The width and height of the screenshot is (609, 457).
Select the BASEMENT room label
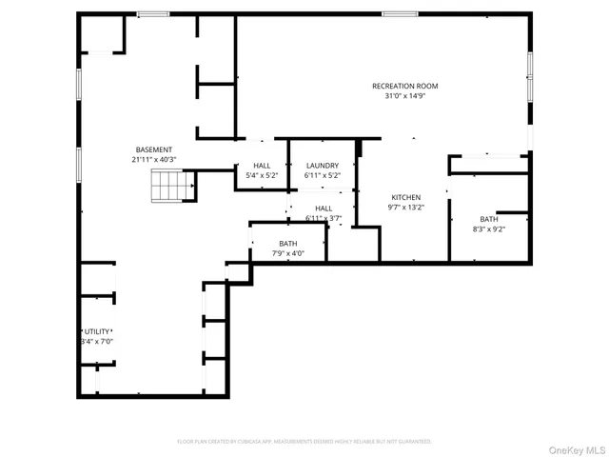(x=154, y=149)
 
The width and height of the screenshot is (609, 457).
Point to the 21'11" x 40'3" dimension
(x=154, y=159)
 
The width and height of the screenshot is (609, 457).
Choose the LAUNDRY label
(x=322, y=166)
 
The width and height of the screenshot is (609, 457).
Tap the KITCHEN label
(x=405, y=197)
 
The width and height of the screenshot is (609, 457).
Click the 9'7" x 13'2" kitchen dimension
(x=405, y=207)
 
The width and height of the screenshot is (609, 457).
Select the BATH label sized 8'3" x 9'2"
(x=489, y=219)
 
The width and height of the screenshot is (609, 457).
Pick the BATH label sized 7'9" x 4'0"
(x=288, y=244)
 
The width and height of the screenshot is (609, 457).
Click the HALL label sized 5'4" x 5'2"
(x=262, y=166)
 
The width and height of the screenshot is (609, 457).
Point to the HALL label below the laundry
(x=324, y=209)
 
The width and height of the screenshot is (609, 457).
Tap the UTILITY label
(x=96, y=331)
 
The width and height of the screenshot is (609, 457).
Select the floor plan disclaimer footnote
(x=304, y=442)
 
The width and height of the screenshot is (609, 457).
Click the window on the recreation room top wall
(x=399, y=13)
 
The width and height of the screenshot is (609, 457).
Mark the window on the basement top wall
(x=152, y=13)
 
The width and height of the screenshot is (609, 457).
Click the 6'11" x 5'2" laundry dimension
(x=322, y=175)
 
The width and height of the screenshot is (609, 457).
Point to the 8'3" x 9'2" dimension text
(x=489, y=228)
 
